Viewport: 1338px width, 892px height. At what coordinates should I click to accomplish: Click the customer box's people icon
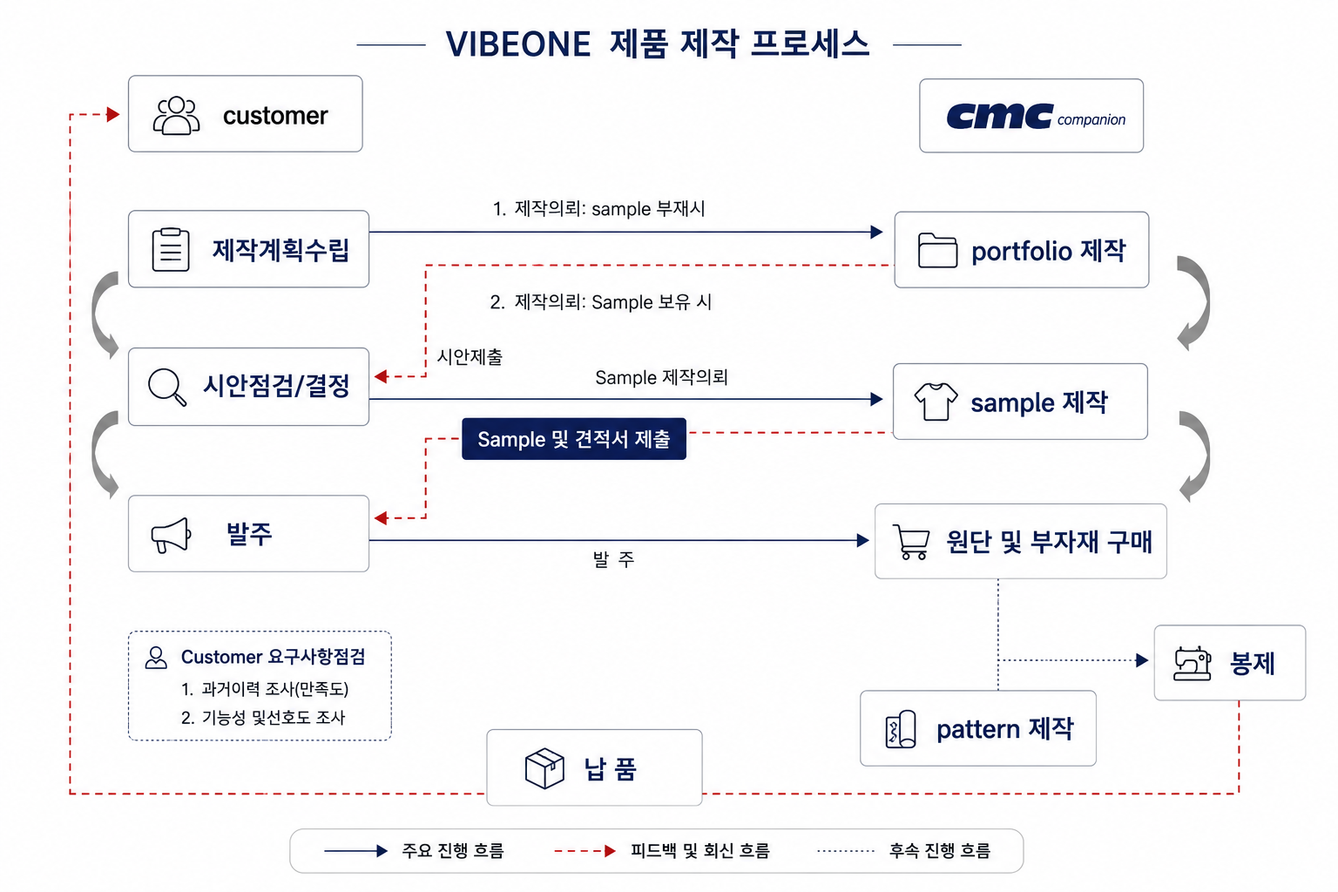pos(176,115)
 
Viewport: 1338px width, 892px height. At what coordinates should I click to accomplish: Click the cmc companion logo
pos(1036,116)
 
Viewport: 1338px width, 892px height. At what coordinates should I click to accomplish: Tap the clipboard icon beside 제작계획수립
pos(171,250)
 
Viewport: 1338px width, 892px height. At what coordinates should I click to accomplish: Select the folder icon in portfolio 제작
pos(937,250)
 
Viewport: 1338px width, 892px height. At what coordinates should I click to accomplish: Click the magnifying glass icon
pos(167,387)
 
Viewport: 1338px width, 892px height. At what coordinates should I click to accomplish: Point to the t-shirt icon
pos(936,401)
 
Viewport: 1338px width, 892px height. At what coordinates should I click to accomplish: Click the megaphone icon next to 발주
pos(171,535)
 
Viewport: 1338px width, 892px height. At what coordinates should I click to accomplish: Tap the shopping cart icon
pos(911,542)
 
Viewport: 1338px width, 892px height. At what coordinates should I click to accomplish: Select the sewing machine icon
pos(1193,663)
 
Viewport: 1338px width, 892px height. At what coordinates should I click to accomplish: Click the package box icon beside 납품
pos(544,768)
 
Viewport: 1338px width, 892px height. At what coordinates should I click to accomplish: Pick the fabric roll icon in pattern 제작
pos(900,729)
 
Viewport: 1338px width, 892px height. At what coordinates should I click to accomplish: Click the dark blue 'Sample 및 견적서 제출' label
pos(574,439)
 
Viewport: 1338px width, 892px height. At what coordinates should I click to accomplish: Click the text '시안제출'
pos(470,357)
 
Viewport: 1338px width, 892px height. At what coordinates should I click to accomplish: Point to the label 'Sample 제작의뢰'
pos(661,377)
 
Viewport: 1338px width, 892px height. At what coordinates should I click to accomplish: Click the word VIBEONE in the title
pos(518,44)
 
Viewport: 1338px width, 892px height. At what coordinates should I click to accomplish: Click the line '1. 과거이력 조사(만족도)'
pos(265,689)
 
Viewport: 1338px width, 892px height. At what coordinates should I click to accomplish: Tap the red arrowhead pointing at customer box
pos(113,114)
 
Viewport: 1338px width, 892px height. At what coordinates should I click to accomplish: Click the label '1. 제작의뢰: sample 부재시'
pos(598,209)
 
